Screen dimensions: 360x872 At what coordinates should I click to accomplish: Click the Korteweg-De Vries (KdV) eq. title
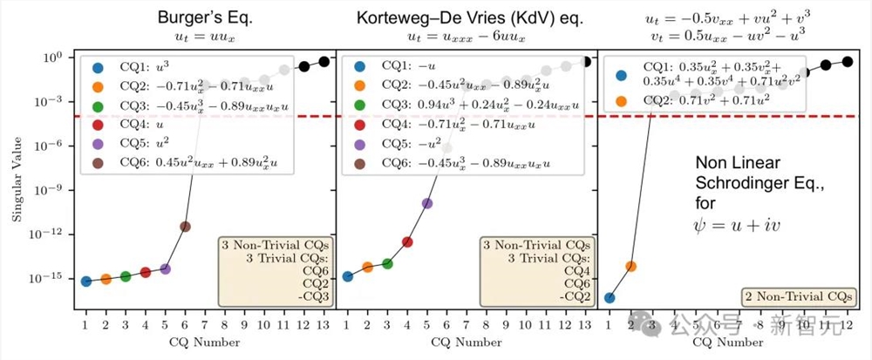click(465, 18)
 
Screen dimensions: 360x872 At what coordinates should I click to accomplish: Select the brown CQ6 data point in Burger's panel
click(185, 227)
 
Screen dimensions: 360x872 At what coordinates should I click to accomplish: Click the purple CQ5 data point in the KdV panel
click(427, 203)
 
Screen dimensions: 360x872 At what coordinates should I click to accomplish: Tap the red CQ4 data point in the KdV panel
click(407, 241)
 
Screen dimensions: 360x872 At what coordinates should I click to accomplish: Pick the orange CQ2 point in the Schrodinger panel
click(630, 266)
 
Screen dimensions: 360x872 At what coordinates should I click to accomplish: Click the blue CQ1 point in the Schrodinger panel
click(610, 297)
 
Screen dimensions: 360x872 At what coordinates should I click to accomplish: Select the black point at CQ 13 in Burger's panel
click(324, 61)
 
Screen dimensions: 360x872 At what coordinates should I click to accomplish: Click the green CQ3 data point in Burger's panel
click(126, 276)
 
